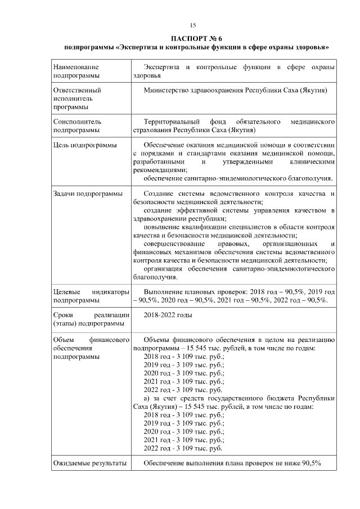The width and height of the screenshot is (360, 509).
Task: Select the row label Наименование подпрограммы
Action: pos(76,71)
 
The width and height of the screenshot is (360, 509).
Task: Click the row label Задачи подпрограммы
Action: pos(87,194)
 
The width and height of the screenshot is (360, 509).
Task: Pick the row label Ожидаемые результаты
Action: pos(88,463)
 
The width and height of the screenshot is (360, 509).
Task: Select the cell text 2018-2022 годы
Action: pos(168,315)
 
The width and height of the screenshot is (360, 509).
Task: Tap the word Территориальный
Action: pos(172,121)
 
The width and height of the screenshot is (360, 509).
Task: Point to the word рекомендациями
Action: pos(160,170)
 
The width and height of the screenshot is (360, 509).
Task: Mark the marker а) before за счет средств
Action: pos(147,398)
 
